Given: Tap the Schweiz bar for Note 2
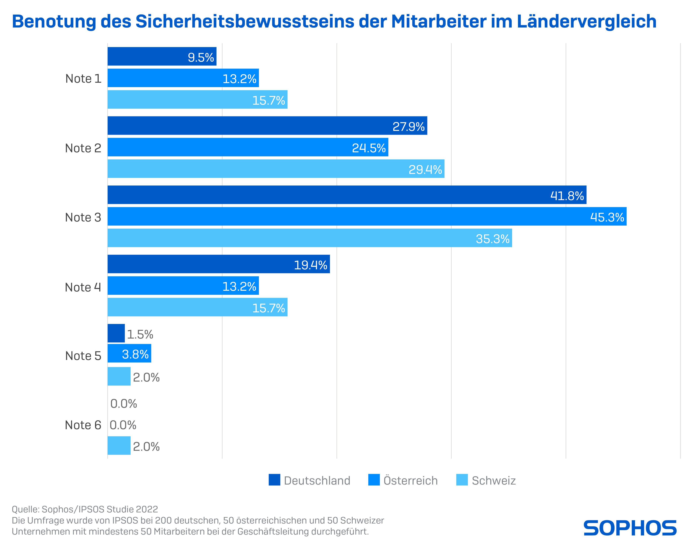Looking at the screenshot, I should pyautogui.click(x=276, y=169).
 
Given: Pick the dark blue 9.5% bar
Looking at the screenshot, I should pyautogui.click(x=162, y=56).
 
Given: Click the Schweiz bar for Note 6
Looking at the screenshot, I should pyautogui.click(x=119, y=445).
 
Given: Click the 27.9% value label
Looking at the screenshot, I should pyautogui.click(x=408, y=126).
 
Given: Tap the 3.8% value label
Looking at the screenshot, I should pyautogui.click(x=135, y=354).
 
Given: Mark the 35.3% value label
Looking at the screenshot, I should pyautogui.click(x=492, y=238).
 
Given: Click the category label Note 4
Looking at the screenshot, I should pyautogui.click(x=83, y=287).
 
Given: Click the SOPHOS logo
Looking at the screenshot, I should pyautogui.click(x=630, y=528).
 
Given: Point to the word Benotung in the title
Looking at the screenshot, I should pyautogui.click(x=54, y=22).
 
